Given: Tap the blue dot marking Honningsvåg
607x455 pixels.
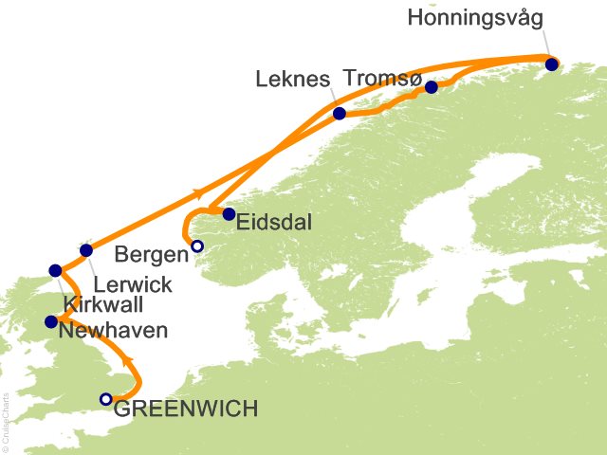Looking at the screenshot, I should [x=552, y=64].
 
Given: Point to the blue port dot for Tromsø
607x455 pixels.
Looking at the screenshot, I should [x=432, y=87].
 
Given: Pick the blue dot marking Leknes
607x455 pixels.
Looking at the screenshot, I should [x=340, y=114].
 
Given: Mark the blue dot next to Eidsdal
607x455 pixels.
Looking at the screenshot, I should [x=229, y=214].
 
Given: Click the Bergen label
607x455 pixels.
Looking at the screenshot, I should [x=150, y=253].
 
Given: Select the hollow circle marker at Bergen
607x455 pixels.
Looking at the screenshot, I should [x=196, y=246].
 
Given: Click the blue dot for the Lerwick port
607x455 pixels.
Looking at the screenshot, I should [x=86, y=251].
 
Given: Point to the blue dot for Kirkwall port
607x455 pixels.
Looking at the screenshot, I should [x=55, y=270].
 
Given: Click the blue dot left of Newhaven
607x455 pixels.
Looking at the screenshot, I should [x=51, y=322].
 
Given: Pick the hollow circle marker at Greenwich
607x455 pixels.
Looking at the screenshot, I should [x=106, y=399].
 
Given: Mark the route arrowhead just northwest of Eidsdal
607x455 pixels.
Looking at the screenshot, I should [x=199, y=194].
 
